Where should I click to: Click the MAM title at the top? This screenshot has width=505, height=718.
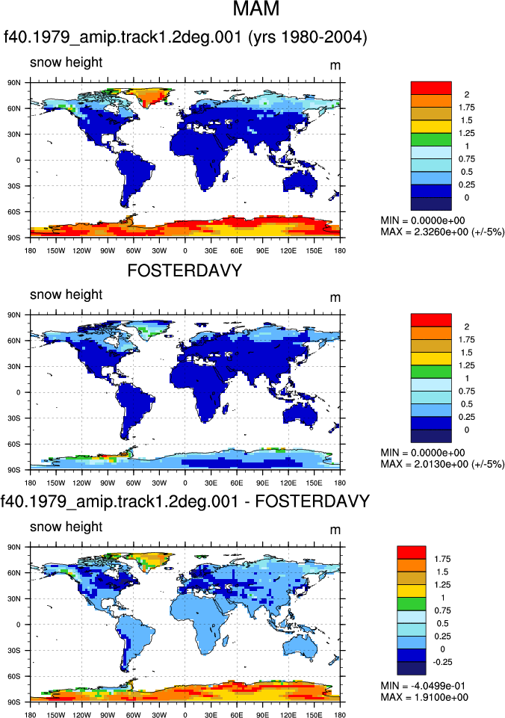point(256,9)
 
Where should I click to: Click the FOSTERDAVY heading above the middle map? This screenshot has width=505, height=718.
point(185,270)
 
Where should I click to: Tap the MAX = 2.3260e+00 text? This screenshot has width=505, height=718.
point(442,232)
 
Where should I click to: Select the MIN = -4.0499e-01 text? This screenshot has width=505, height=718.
point(424,685)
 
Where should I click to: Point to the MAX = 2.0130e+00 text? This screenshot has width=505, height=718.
point(442,464)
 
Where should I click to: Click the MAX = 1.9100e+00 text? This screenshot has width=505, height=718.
point(424,697)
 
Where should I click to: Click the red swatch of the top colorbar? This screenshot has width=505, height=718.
point(431,88)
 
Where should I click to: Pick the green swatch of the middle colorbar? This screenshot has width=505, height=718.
point(431,371)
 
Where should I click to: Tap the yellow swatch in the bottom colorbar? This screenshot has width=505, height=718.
point(411,591)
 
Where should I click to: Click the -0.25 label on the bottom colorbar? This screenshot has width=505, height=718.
point(443,662)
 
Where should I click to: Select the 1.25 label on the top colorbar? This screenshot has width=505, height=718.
point(467,133)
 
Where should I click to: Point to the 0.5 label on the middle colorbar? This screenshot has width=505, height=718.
point(467,404)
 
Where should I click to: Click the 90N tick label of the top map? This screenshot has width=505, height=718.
point(14,83)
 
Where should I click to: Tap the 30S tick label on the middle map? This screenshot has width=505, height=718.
point(14,418)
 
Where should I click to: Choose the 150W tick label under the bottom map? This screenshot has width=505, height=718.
point(56,715)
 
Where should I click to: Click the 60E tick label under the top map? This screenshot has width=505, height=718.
point(237,250)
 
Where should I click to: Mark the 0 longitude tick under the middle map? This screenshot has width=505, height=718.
point(185,483)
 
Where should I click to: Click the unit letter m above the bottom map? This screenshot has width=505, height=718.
point(335,530)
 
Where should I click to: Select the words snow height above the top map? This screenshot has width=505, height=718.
point(66,62)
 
